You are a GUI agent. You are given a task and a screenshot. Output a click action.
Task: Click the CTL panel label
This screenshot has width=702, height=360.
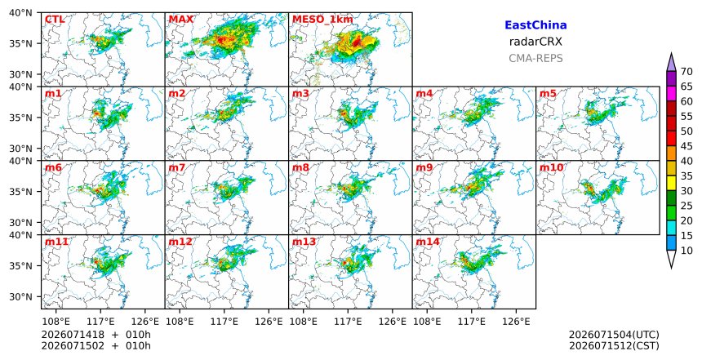pyautogui.click(x=55, y=20)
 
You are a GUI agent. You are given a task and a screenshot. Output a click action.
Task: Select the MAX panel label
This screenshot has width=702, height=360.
pyautogui.click(x=181, y=20)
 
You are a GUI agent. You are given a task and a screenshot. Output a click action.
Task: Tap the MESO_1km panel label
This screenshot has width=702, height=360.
pyautogui.click(x=322, y=20)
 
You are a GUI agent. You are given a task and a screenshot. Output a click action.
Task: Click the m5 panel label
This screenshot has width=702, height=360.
pyautogui.click(x=548, y=94)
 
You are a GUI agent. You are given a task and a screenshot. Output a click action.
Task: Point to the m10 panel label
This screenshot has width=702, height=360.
pyautogui.click(x=552, y=167)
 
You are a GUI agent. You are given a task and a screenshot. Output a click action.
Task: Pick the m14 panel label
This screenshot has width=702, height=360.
pyautogui.click(x=428, y=242)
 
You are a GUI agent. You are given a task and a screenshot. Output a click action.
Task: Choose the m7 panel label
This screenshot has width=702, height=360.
pyautogui.click(x=177, y=167)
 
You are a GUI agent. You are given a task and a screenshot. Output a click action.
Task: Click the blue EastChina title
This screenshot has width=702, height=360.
pyautogui.click(x=535, y=25)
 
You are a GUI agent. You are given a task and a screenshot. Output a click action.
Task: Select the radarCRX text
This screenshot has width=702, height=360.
pyautogui.click(x=535, y=42)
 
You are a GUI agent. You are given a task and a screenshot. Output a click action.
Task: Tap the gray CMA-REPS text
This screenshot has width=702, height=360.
pyautogui.click(x=535, y=58)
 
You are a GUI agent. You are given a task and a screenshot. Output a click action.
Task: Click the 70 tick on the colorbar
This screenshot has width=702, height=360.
pyautogui.click(x=686, y=72)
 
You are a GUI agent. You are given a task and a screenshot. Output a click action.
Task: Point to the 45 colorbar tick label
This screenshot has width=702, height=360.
pyautogui.click(x=686, y=146)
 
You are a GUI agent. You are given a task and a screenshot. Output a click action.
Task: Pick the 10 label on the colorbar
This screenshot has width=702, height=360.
pyautogui.click(x=686, y=251)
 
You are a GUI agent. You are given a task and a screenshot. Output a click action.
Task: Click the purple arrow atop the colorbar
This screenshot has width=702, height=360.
pyautogui.click(x=671, y=62)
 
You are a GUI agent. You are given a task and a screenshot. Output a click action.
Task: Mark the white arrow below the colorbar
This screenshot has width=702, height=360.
pyautogui.click(x=671, y=260)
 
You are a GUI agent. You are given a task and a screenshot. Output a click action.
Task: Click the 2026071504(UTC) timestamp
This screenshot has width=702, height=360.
pyautogui.click(x=614, y=335)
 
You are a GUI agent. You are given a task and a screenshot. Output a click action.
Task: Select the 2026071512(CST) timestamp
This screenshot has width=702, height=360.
pyautogui.click(x=614, y=345)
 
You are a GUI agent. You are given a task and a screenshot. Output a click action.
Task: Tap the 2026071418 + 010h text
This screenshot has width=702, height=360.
pyautogui.click(x=96, y=335)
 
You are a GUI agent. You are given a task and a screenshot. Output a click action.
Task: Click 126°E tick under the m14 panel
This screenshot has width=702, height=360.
pyautogui.click(x=516, y=321)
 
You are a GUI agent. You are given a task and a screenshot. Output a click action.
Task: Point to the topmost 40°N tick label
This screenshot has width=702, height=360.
pyautogui.click(x=20, y=12)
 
